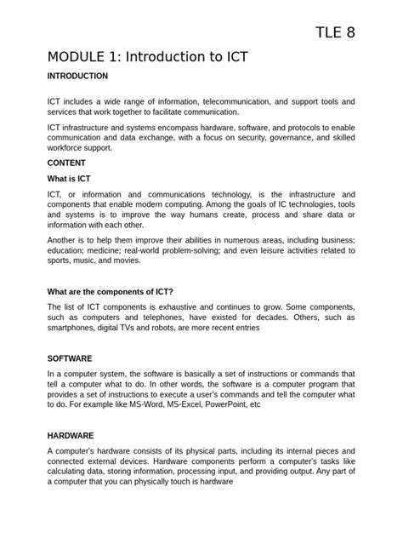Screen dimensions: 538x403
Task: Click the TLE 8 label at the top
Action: click(x=335, y=33)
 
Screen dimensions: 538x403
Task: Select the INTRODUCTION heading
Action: click(x=77, y=76)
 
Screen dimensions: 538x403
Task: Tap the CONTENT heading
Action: click(x=67, y=163)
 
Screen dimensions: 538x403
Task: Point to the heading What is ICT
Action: click(x=69, y=179)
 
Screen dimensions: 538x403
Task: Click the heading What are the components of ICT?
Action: click(x=122, y=291)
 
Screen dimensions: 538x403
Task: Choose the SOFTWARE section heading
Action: click(x=71, y=358)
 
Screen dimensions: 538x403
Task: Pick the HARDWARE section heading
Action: click(x=71, y=434)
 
